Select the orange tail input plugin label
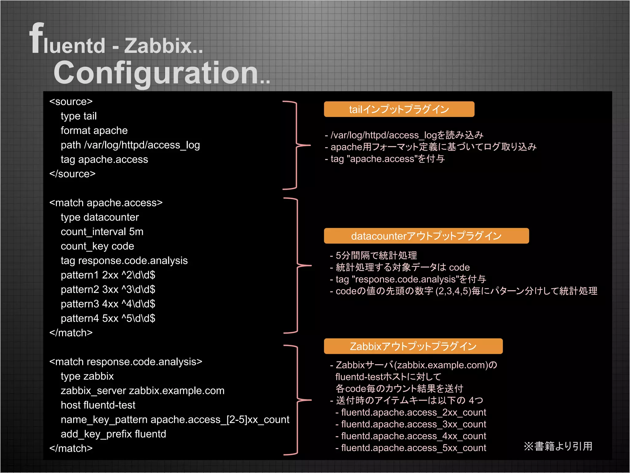[399, 109]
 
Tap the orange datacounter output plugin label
[426, 236]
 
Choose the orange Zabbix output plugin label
[413, 346]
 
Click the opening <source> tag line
[71, 102]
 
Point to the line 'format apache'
[94, 131]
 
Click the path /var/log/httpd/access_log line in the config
[130, 145]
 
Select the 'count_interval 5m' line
[102, 232]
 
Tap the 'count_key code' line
[97, 246]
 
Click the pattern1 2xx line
[108, 275]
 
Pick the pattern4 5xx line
[108, 318]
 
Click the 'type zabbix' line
[87, 376]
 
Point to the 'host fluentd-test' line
[98, 405]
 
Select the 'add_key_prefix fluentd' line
[113, 434]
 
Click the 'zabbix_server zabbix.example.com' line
[142, 391]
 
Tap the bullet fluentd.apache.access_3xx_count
[413, 424]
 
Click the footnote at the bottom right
[558, 446]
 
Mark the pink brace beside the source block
[296, 145]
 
